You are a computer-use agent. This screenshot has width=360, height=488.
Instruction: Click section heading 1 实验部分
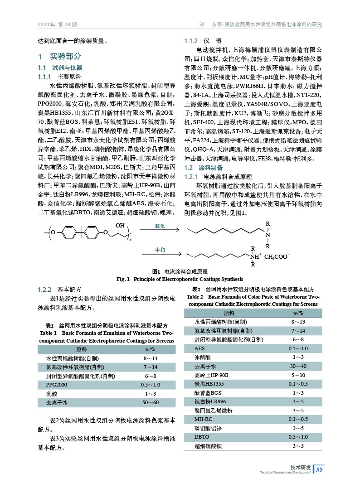59,57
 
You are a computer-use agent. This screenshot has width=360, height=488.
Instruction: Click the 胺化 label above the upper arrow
161,226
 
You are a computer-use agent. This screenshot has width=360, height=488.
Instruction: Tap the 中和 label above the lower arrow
161,250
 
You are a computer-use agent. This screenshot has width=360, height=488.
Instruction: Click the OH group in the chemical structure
120,225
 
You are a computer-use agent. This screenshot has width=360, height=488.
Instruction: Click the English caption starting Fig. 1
180,279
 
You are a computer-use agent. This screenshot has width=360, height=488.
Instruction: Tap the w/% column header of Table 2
298,313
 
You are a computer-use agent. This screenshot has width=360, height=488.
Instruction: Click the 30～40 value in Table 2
298,366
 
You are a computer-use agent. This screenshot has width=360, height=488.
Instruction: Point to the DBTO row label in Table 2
202,437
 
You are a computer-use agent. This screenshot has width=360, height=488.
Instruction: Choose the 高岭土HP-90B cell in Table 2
211,375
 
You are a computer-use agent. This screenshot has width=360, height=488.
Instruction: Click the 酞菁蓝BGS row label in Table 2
207,393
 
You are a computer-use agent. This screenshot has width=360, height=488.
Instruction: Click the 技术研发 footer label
301,467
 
